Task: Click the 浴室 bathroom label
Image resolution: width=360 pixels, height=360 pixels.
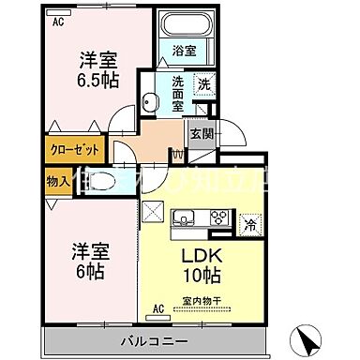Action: (185, 52)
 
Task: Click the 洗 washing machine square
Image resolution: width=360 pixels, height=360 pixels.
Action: (203, 84)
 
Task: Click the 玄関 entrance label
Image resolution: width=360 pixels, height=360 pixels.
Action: (202, 134)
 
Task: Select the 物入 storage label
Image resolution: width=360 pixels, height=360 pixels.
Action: (55, 178)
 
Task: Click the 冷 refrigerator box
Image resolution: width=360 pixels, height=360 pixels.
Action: (249, 224)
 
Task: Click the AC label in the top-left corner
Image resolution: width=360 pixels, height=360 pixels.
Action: (59, 21)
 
